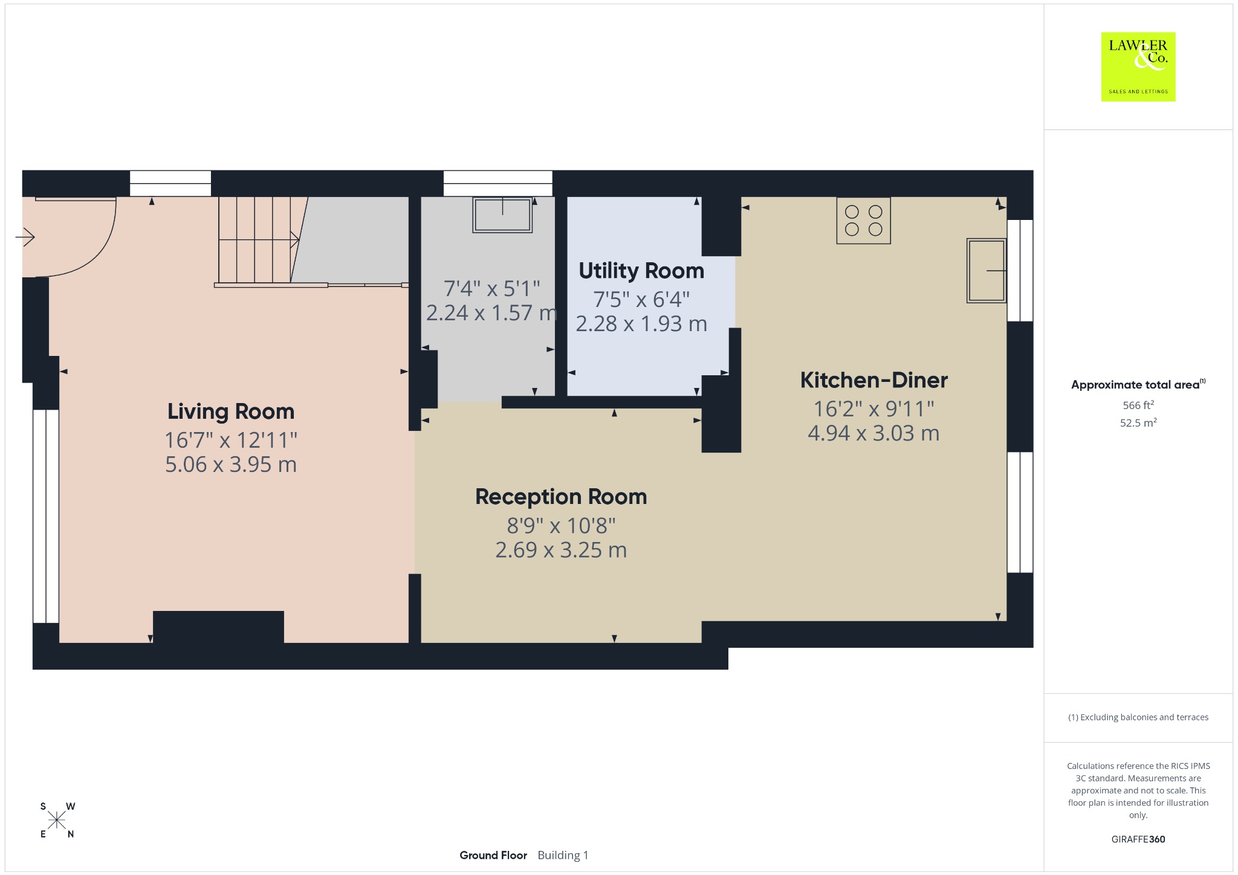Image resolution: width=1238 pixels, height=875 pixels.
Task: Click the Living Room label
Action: [231, 412]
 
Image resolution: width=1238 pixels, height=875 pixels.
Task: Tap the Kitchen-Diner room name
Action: [874, 380]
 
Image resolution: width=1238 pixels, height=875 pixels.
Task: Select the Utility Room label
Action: [641, 271]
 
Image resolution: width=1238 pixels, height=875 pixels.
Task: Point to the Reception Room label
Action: [561, 497]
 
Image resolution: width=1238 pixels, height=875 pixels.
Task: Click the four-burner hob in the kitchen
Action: [863, 221]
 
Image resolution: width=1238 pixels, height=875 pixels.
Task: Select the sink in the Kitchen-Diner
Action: [987, 270]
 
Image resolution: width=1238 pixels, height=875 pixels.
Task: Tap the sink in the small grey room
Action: [502, 215]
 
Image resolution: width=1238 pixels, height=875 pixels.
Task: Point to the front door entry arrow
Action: [25, 237]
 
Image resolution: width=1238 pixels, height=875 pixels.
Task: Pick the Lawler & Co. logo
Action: [1138, 66]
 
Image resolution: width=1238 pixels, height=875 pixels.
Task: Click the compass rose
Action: [57, 821]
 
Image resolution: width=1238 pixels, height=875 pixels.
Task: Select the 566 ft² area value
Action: [1138, 405]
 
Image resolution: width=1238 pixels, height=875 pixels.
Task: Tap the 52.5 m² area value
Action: [1138, 422]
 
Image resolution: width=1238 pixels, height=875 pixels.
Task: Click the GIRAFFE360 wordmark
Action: [1138, 839]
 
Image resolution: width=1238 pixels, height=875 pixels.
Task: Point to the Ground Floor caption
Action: [493, 855]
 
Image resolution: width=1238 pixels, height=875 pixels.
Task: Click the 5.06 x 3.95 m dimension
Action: [231, 464]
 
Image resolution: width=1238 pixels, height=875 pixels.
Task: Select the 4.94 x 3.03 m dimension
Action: [873, 433]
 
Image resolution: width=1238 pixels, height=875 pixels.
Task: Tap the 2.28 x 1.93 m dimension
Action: [641, 324]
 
